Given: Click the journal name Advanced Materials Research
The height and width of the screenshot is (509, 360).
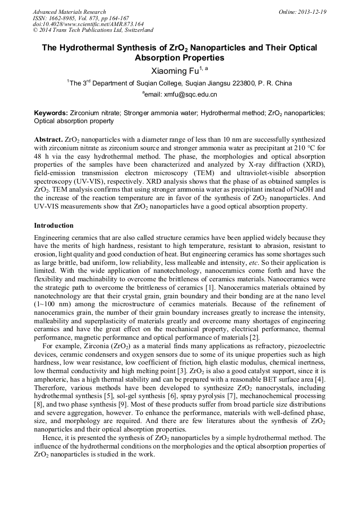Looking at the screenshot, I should [69, 12].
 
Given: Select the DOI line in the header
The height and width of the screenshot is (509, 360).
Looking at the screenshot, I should [88, 24].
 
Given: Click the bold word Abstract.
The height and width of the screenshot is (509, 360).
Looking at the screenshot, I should [48, 138].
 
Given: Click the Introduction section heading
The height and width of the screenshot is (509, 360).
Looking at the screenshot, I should [54, 226].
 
